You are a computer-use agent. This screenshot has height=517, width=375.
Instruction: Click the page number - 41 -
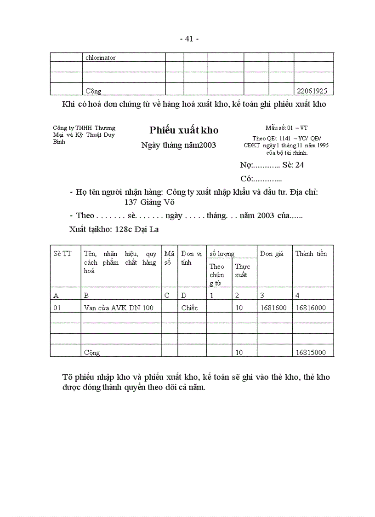pyautogui.click(x=189, y=39)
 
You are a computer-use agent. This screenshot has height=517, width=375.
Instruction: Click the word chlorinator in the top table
pyautogui.click(x=100, y=58)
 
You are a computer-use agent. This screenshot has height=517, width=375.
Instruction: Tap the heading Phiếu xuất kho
pyautogui.click(x=184, y=130)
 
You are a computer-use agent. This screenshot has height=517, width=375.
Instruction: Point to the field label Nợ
pyautogui.click(x=246, y=165)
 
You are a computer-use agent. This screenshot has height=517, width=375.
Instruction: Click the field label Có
pyautogui.click(x=246, y=179)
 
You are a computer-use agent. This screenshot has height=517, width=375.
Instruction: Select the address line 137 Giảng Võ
pyautogui.click(x=149, y=202)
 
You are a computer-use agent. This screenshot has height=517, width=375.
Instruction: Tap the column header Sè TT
pyautogui.click(x=62, y=254)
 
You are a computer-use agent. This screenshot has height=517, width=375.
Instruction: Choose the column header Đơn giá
pyautogui.click(x=272, y=254)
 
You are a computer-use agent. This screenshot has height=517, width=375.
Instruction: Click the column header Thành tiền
pyautogui.click(x=311, y=254)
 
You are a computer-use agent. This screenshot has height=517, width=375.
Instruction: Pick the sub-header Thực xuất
pyautogui.click(x=242, y=271)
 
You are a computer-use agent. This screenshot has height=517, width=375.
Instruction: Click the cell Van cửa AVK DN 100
pyautogui.click(x=119, y=308)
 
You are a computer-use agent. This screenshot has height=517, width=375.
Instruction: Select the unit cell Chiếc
pyautogui.click(x=189, y=308)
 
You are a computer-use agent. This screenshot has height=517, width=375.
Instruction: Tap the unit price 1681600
pyautogui.click(x=274, y=308)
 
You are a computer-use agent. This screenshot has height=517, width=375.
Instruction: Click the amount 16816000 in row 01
pyautogui.click(x=311, y=308)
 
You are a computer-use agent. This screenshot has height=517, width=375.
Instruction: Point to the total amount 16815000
pyautogui.click(x=311, y=353)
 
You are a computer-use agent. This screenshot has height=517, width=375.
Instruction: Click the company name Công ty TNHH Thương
pyautogui.click(x=84, y=128)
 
